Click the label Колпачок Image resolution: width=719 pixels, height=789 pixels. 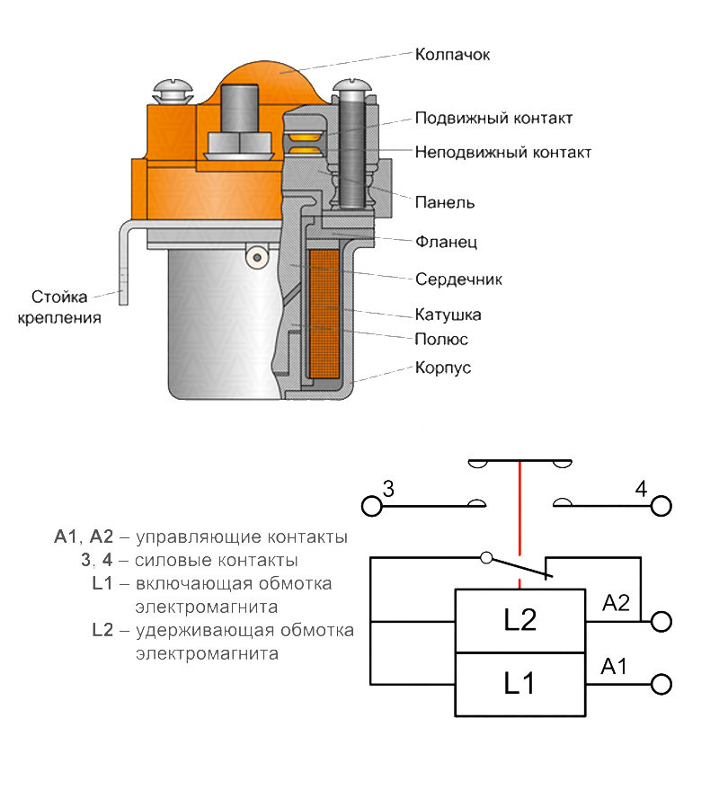(x=451, y=54)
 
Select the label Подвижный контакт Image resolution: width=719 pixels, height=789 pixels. (x=493, y=119)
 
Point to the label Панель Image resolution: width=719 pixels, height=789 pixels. (x=444, y=202)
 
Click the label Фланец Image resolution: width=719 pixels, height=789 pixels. (x=446, y=242)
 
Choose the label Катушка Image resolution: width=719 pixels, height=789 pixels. (x=448, y=315)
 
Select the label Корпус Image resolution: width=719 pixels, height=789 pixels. (x=443, y=368)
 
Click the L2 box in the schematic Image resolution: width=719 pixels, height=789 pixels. (x=519, y=621)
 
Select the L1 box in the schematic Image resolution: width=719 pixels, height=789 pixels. (x=519, y=685)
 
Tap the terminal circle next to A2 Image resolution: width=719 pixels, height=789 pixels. (x=661, y=621)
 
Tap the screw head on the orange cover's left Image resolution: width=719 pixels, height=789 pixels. (x=170, y=91)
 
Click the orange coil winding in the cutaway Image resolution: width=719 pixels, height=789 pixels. (x=325, y=315)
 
